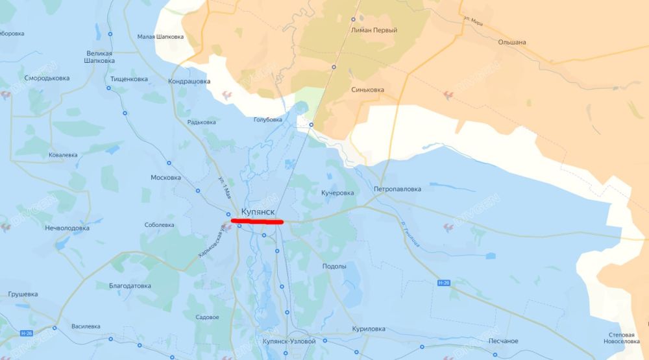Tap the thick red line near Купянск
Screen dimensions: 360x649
[x=257, y=222]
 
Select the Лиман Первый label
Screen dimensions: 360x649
[x=374, y=30]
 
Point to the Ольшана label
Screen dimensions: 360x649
[x=511, y=42]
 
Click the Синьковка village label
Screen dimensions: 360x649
[x=367, y=90]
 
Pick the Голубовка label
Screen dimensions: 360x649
[x=267, y=119]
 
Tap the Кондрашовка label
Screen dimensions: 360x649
[x=189, y=82]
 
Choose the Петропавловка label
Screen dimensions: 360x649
[x=397, y=189]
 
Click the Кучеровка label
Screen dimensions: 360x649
[x=337, y=193]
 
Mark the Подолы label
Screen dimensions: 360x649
[x=334, y=267]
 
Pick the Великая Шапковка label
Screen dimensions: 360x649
[x=99, y=57]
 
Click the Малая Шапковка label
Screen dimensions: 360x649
[x=160, y=36]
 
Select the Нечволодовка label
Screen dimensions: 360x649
[x=67, y=228]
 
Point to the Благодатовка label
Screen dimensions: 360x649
[x=130, y=285]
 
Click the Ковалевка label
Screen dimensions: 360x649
[x=63, y=155]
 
